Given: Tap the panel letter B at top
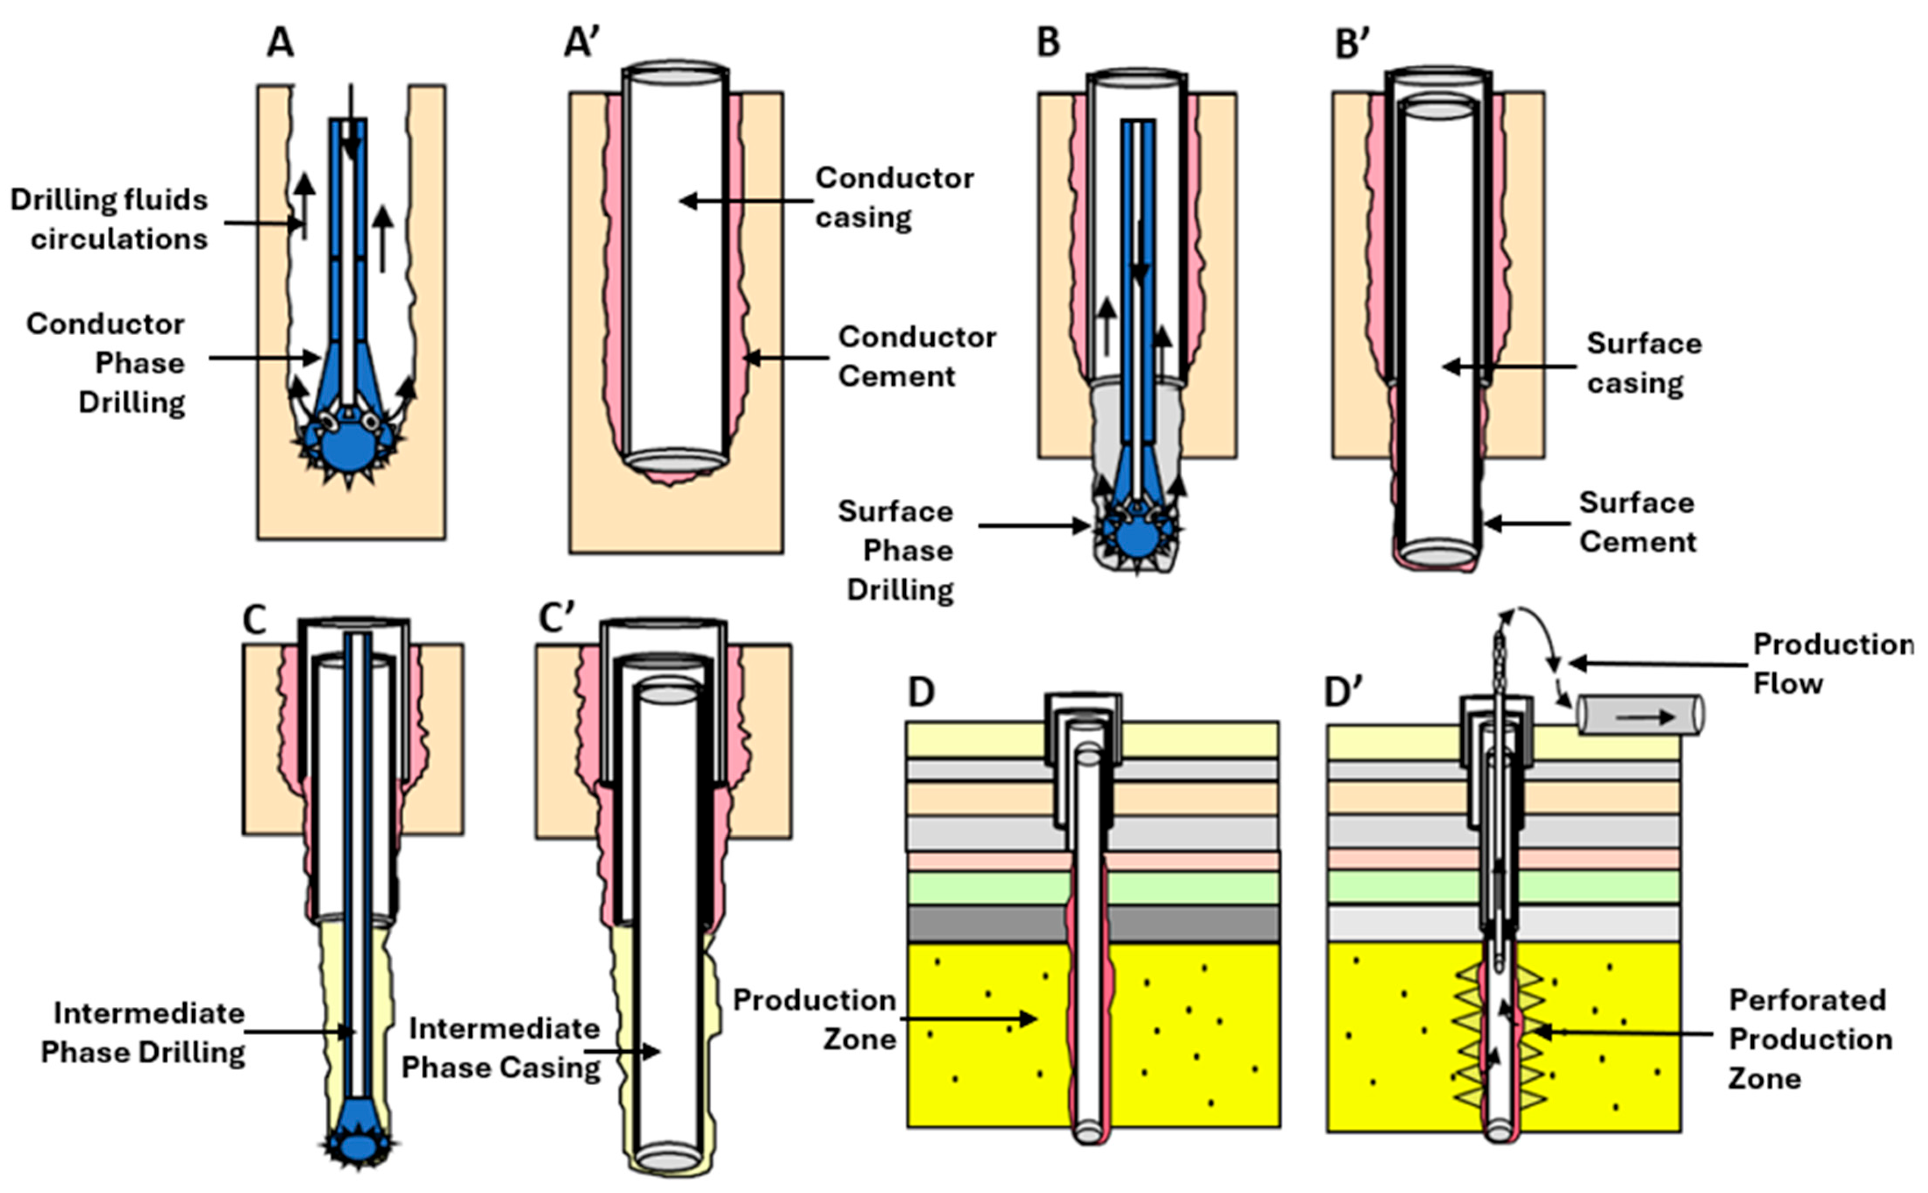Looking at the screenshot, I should click(x=1047, y=43).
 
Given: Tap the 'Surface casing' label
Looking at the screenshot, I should click(x=1643, y=363).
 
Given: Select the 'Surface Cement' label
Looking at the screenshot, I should click(x=1637, y=522).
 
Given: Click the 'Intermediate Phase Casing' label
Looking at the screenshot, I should click(x=502, y=1048).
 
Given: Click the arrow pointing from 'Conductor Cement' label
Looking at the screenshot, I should click(x=785, y=358).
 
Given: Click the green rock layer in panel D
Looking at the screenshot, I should click(x=986, y=888).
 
